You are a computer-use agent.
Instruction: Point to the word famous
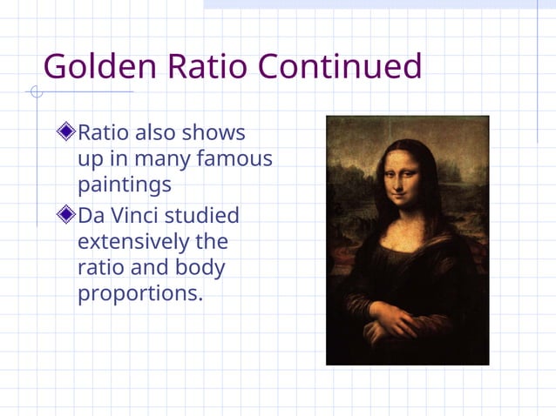tap(235, 159)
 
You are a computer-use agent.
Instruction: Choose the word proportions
tap(139, 294)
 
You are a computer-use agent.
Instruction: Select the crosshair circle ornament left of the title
tap(36, 91)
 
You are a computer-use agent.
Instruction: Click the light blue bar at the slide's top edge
tap(379, 4)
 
